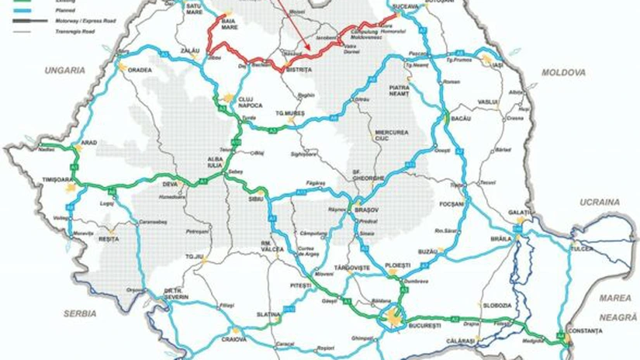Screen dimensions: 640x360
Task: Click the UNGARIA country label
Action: coord(64,70)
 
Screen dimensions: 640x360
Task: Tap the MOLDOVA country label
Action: coord(563,72)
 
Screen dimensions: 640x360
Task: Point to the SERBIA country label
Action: coord(80,313)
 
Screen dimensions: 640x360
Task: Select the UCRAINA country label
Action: coord(600,202)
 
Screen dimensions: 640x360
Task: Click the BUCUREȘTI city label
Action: coord(396,330)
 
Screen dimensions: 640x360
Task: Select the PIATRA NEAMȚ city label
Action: coord(399,93)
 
